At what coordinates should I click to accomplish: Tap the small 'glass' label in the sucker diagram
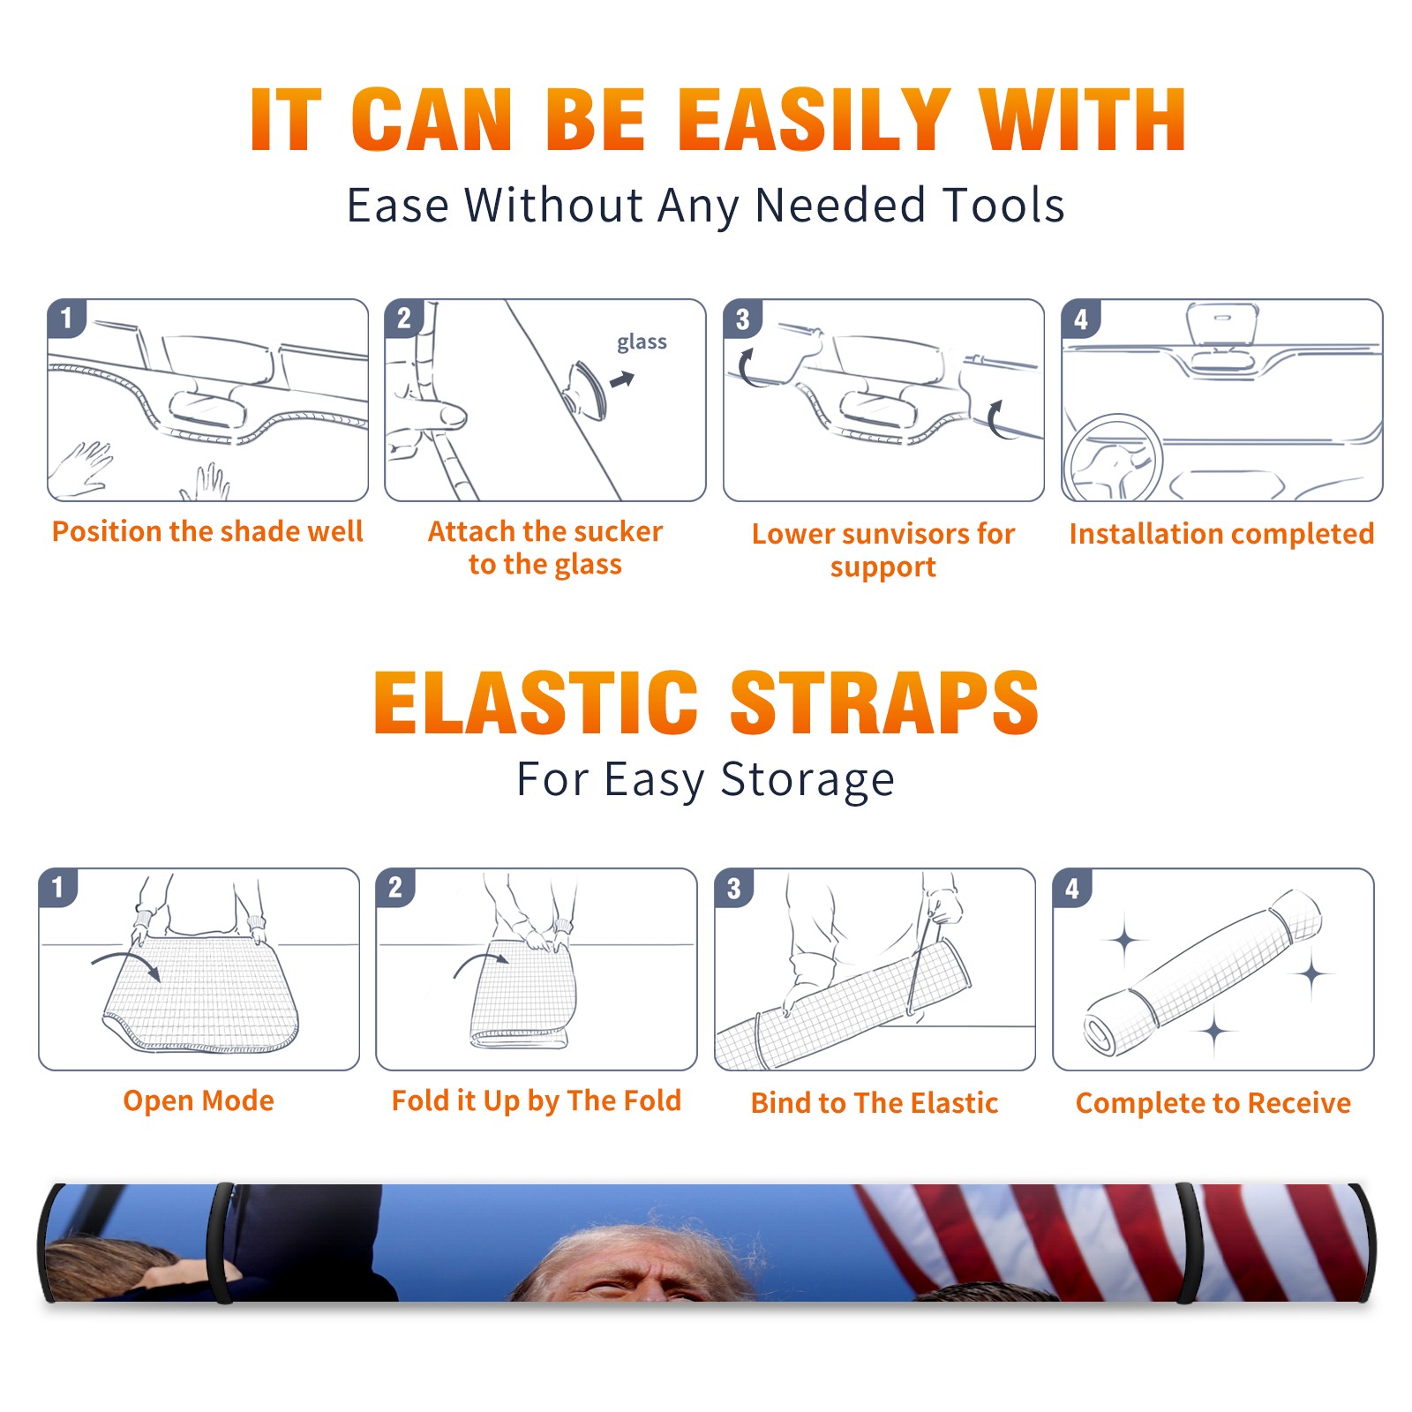642,342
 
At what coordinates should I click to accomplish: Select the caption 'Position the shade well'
207,531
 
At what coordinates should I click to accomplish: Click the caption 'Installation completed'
1221,533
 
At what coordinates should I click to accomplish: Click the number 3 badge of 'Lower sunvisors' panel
742,319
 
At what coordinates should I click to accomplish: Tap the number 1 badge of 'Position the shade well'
66,318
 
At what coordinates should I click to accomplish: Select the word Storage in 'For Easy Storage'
807,780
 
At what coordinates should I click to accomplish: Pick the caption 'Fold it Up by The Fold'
537,1100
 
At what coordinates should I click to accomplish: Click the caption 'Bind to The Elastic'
875,1102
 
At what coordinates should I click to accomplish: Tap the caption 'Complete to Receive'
1213,1102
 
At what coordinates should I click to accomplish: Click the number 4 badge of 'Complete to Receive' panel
1072,888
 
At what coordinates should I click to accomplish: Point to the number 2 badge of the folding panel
395,887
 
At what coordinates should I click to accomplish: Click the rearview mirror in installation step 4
1222,324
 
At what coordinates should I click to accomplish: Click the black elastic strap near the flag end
1189,1243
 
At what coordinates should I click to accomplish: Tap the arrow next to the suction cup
622,379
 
